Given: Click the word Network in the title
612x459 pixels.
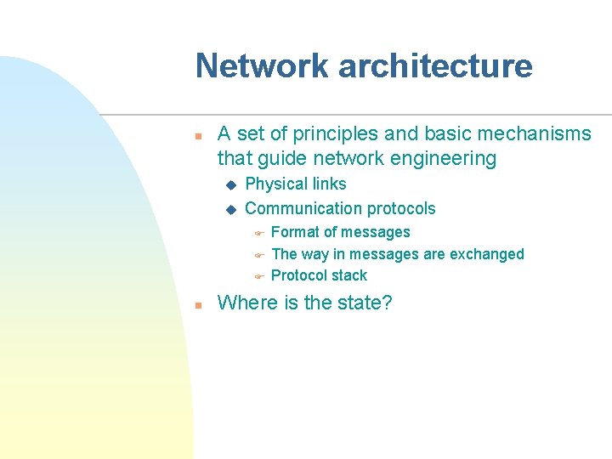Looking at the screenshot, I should tap(259, 66).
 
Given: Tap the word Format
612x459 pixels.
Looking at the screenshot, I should tap(295, 232).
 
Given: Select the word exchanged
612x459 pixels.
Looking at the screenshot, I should tap(486, 253).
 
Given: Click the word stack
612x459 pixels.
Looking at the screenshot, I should tap(350, 275).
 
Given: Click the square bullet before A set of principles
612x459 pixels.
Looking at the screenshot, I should tap(197, 134).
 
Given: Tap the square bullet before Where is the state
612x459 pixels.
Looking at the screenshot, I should tap(197, 303).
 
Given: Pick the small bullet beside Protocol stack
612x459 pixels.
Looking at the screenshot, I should tap(259, 276).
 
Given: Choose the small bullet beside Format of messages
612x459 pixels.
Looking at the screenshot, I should tap(259, 233).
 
